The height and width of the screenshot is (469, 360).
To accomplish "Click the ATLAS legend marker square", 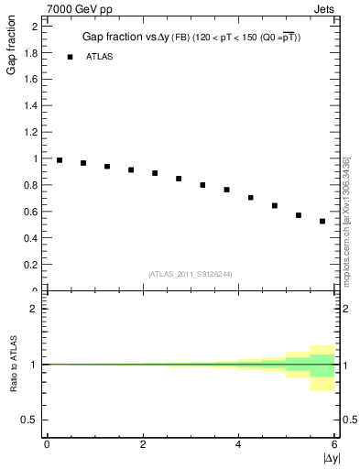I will click(70, 57).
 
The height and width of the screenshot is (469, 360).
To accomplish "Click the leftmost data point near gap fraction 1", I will click(60, 160).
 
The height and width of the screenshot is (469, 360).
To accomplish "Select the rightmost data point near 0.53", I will click(322, 221).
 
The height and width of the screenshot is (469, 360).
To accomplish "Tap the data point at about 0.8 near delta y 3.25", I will click(202, 185).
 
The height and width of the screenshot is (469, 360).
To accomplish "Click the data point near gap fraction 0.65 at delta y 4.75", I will click(275, 205).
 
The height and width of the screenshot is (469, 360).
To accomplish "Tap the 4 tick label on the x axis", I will click(238, 444).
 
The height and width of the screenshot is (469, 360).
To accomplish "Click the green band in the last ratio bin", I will click(322, 365).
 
